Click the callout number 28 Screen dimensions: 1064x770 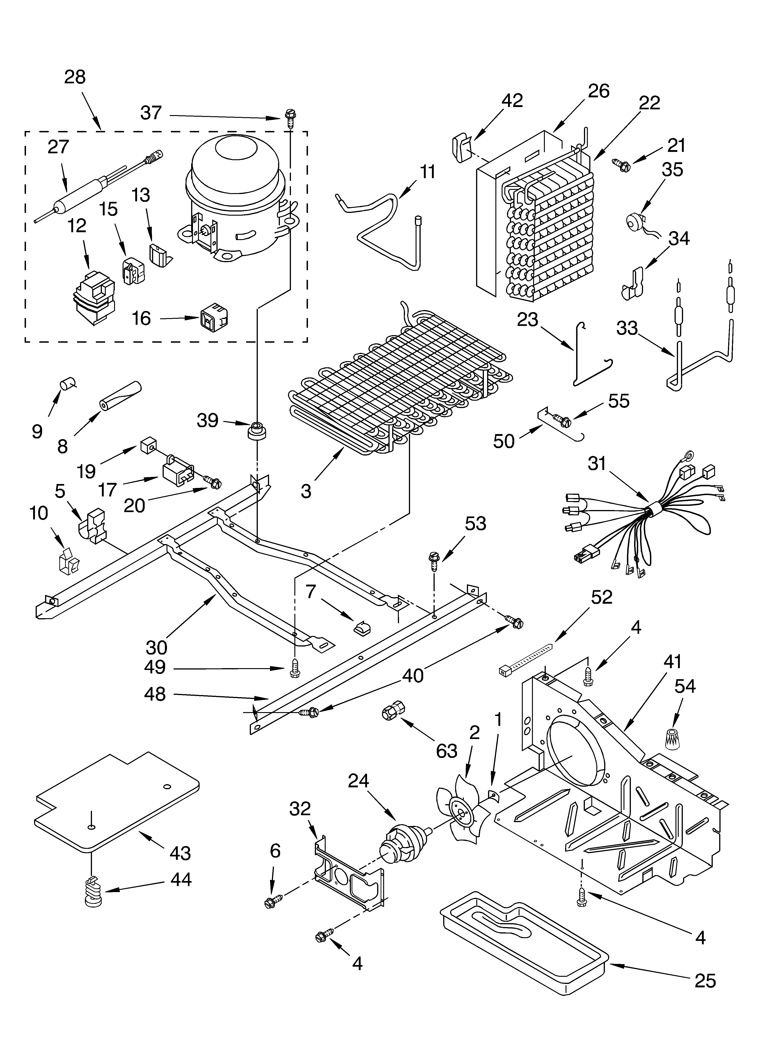click(75, 77)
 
